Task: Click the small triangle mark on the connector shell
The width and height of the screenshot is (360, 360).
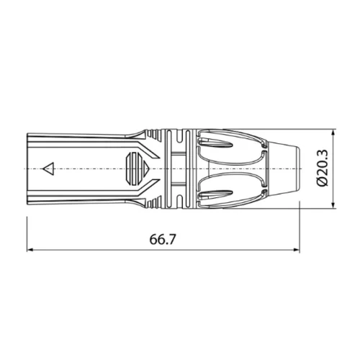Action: pos(49,170)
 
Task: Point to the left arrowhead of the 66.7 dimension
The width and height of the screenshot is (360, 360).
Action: pos(31,250)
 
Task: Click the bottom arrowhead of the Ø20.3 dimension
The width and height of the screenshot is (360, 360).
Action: pos(333,207)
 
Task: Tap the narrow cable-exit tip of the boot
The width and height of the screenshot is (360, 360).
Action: pos(292,170)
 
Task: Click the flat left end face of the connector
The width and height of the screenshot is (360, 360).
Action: pos(27,170)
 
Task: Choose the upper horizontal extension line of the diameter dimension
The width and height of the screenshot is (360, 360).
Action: pos(317,132)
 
